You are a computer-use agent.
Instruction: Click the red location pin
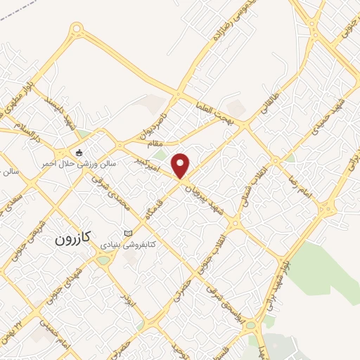[x=181, y=165]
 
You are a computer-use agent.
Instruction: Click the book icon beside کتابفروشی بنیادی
[x=127, y=233]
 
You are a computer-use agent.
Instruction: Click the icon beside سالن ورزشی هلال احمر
[x=79, y=153]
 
